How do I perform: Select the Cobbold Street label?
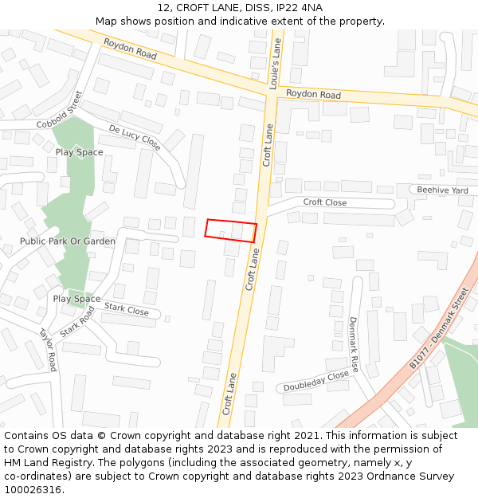coord(61,112)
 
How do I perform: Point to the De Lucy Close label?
coord(135,138)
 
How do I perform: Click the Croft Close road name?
coord(324,202)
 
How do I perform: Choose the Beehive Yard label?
coord(442,190)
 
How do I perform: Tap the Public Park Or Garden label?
coord(68,241)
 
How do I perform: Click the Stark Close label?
coord(126,309)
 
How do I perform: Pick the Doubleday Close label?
coord(316,381)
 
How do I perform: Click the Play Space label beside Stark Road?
coord(76,299)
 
